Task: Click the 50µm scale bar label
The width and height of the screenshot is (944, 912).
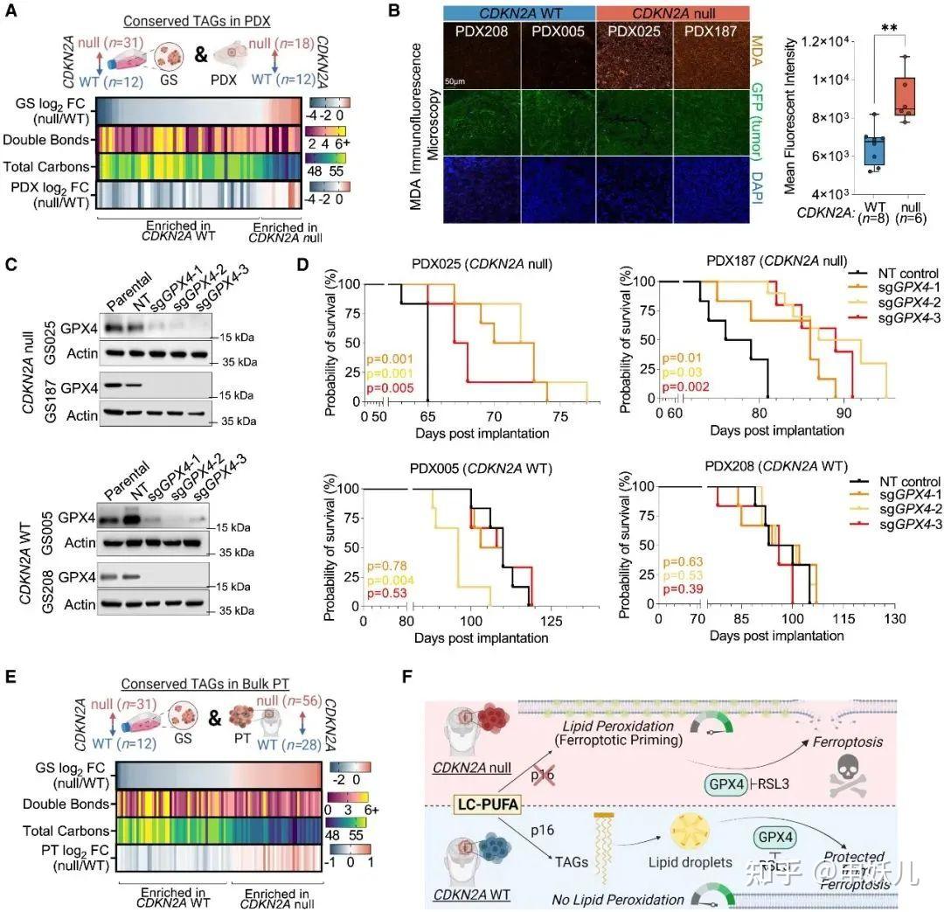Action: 455,80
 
